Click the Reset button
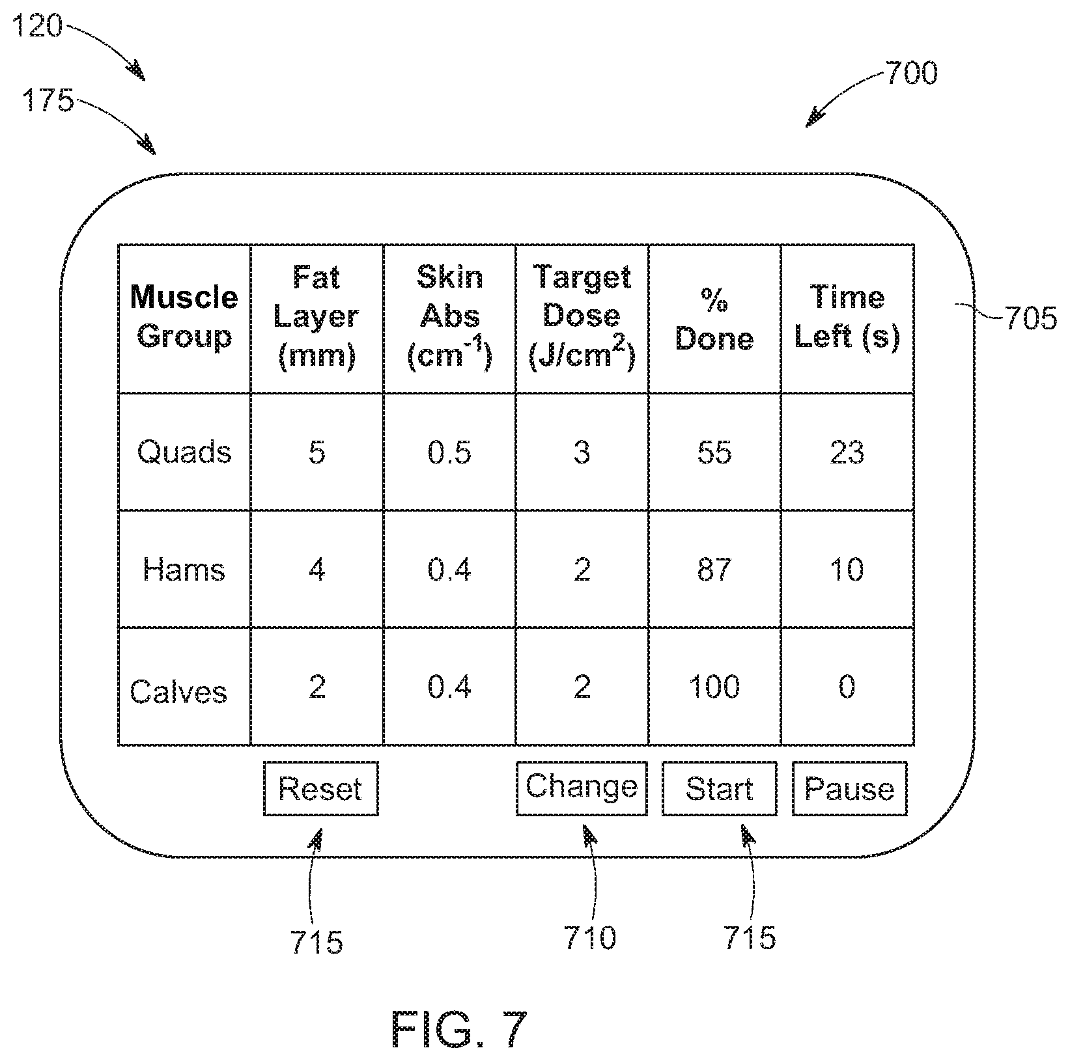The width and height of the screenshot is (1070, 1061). (x=321, y=788)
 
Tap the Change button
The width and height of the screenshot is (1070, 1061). (x=582, y=788)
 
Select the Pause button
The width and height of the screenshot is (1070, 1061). (x=849, y=788)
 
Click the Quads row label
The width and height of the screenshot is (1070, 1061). (x=184, y=452)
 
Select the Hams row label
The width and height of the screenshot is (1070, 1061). (x=184, y=570)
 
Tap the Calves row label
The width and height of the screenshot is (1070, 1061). (x=179, y=691)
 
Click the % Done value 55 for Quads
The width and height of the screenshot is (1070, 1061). (x=714, y=452)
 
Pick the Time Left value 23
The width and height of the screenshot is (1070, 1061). (x=847, y=452)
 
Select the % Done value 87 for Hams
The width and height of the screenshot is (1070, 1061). (x=714, y=570)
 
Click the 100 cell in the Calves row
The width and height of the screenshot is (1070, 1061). (x=714, y=687)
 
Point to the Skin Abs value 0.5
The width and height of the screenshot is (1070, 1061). (x=449, y=452)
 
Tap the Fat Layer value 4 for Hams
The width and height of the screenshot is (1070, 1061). (x=317, y=570)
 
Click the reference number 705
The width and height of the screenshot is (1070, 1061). (x=1031, y=319)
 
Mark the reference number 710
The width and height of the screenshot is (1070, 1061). (x=590, y=938)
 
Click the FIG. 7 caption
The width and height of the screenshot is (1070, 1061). (x=458, y=1029)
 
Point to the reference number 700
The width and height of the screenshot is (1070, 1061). (x=910, y=73)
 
